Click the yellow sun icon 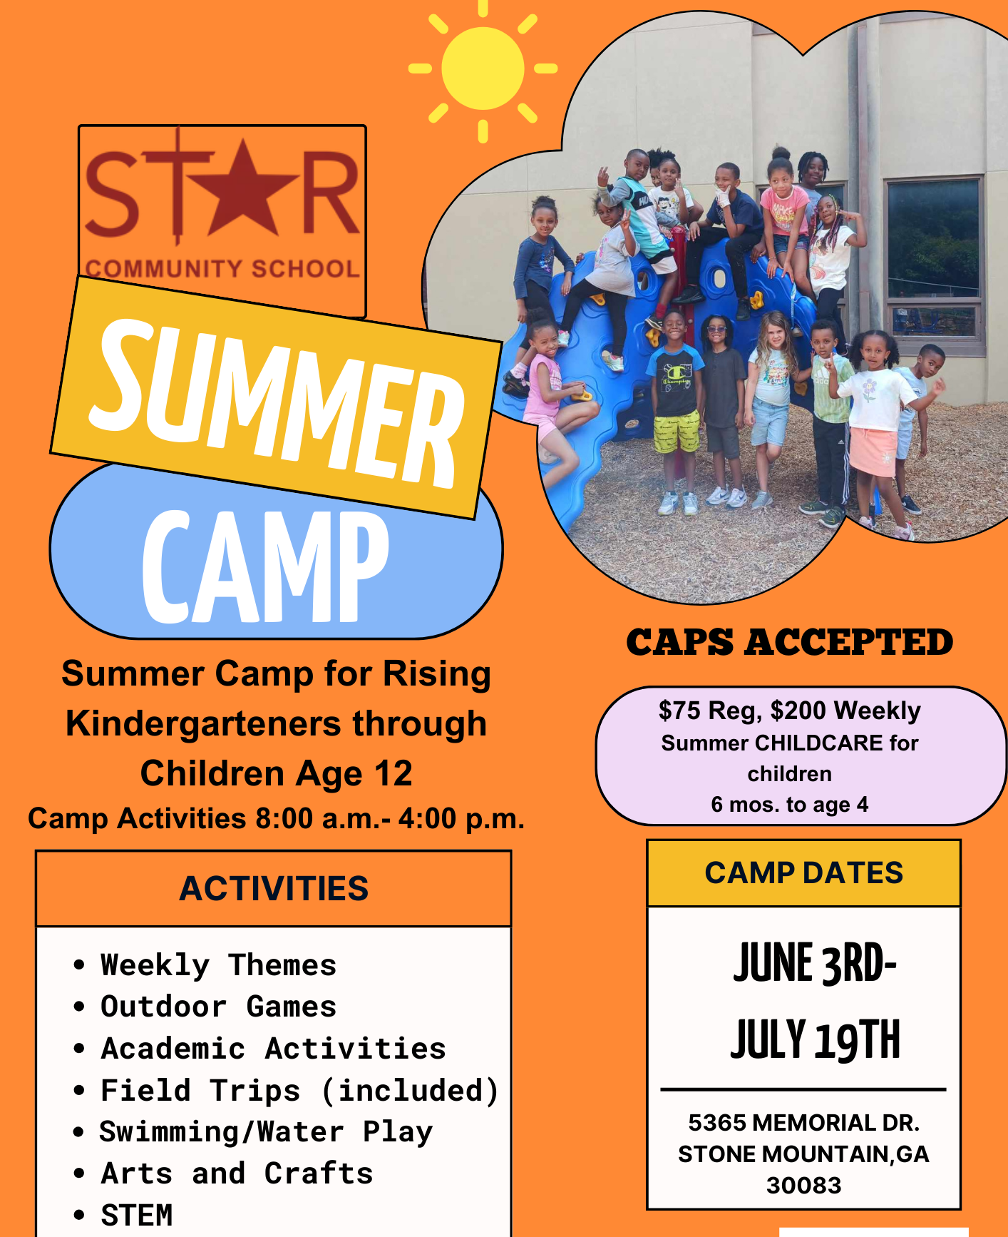pyautogui.click(x=483, y=69)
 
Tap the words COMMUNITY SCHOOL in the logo pyautogui.click(x=222, y=269)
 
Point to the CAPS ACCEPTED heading pyautogui.click(x=789, y=642)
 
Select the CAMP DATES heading pyautogui.click(x=803, y=873)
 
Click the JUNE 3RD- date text pyautogui.click(x=815, y=963)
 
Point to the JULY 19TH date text pyautogui.click(x=815, y=1039)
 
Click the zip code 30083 pyautogui.click(x=803, y=1185)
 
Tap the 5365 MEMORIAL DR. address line pyautogui.click(x=803, y=1123)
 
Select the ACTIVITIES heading pyautogui.click(x=274, y=889)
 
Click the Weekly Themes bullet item pyautogui.click(x=218, y=965)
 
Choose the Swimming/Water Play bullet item pyautogui.click(x=265, y=1132)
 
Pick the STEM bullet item pyautogui.click(x=137, y=1215)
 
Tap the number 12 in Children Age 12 pyautogui.click(x=393, y=774)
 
